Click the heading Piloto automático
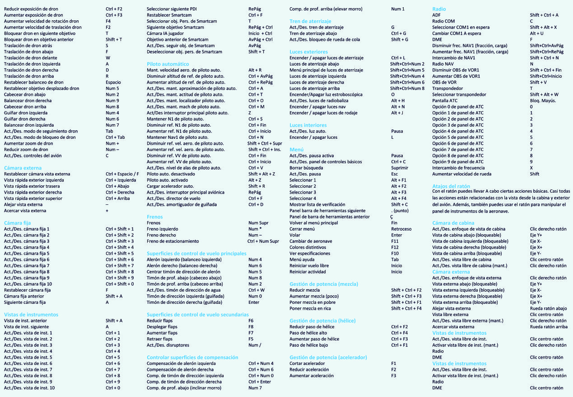point(168,64)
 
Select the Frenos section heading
point(155,217)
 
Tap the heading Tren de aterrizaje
point(310,21)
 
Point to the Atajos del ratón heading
point(451,186)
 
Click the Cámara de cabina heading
point(453,223)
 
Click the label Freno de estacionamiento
point(173,241)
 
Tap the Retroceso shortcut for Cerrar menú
point(401,229)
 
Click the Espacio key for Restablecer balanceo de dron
point(113,82)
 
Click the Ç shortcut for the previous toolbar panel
point(391,217)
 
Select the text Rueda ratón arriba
point(549,326)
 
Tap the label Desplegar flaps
point(162,326)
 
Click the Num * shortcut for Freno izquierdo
point(256,229)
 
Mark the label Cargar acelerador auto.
point(170,186)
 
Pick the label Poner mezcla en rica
point(310,308)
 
